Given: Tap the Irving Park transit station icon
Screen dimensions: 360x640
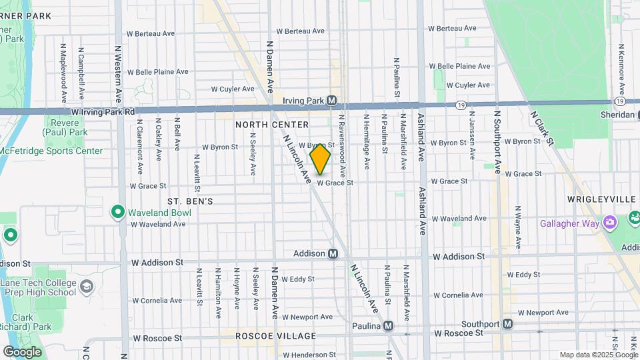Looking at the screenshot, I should point(331,101).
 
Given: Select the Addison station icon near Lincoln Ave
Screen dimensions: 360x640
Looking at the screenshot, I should point(332,254).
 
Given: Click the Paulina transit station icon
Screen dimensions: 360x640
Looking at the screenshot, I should point(388,326).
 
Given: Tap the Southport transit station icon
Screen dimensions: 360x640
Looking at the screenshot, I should point(507,324).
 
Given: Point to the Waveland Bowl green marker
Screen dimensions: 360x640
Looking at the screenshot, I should point(118,213).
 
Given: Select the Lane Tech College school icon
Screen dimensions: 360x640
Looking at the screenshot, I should point(85,287).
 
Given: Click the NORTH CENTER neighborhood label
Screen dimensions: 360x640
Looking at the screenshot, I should point(271,125).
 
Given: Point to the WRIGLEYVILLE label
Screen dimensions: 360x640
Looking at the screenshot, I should point(598,199).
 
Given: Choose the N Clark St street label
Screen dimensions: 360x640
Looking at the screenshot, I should point(541,127).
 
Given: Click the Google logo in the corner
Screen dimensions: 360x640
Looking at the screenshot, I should point(22,351).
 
